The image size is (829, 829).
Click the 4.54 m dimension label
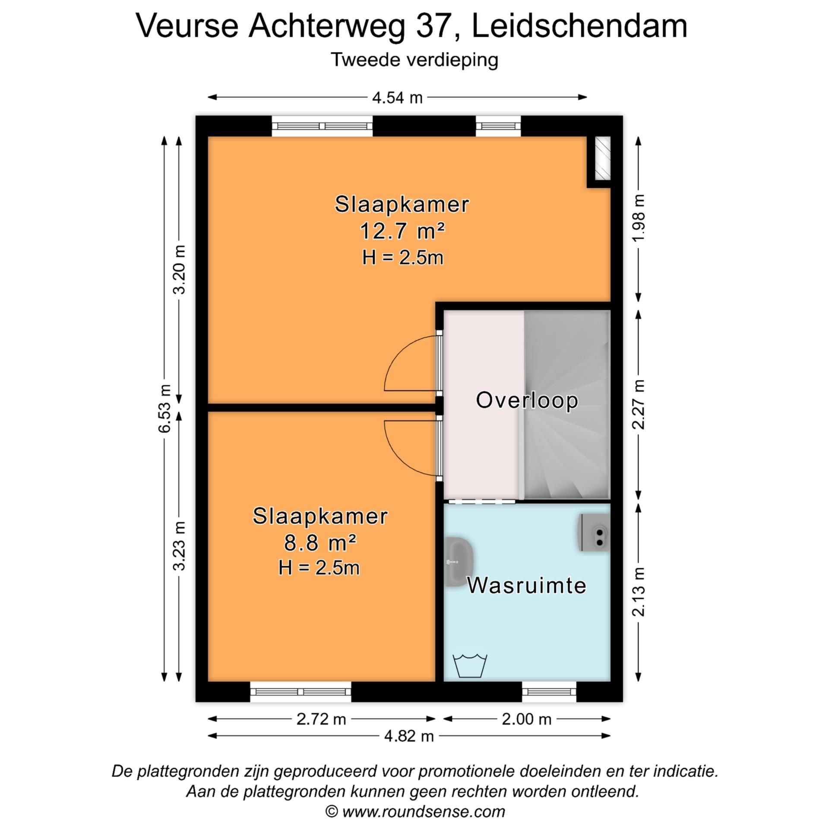(397, 98)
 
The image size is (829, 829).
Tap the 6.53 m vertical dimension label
(165, 408)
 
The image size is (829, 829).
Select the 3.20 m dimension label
(179, 269)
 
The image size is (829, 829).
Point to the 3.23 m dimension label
(179, 546)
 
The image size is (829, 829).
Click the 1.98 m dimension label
(639, 218)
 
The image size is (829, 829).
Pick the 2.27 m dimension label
(639, 405)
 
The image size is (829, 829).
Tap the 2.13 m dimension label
(639, 592)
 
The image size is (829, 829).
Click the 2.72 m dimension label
(321, 719)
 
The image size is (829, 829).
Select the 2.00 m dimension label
(526, 719)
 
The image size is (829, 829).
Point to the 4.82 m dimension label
(408, 736)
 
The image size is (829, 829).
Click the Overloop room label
(527, 400)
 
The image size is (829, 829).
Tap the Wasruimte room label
(527, 586)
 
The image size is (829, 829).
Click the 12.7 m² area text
(402, 231)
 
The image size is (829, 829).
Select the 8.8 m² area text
(320, 543)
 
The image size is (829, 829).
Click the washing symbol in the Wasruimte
(470, 666)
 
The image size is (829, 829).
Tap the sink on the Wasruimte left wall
(459, 562)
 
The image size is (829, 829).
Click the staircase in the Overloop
(566, 406)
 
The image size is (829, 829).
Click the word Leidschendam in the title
(579, 26)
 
